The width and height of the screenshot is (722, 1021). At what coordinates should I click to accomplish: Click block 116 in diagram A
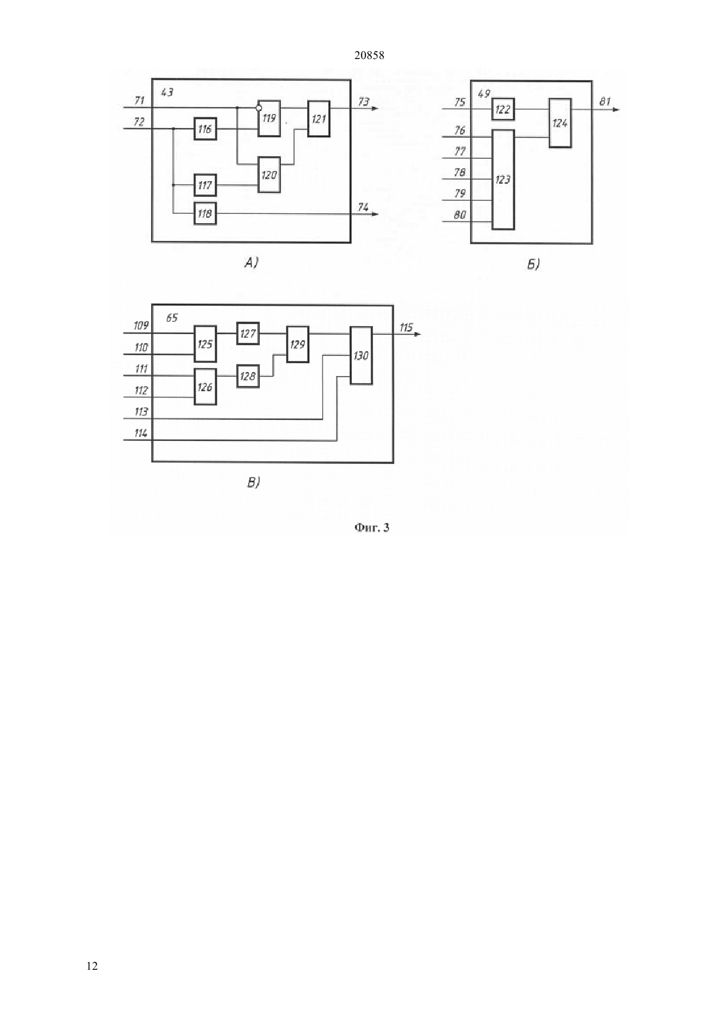coord(205,129)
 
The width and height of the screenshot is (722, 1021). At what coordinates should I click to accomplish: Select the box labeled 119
coord(269,119)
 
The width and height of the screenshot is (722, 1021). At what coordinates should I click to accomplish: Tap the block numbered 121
coord(318,119)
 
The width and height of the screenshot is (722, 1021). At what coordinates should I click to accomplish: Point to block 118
coord(205,213)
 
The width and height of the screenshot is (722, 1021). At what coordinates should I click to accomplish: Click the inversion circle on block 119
coord(259,108)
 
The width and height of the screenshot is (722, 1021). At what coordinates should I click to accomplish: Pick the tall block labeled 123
coord(503,180)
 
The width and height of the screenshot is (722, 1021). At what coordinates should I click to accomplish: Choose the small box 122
coord(503,110)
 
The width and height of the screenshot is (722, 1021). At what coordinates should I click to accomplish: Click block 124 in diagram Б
coord(560,123)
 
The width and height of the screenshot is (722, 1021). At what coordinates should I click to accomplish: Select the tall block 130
coord(361,356)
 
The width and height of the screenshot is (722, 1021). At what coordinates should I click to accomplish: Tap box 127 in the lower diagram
coord(248,333)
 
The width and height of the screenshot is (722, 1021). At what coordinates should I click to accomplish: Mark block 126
coord(205,386)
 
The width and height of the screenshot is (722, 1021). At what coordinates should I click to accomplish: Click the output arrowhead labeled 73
coord(375,108)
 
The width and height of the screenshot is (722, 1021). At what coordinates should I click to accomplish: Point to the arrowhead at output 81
coord(616,110)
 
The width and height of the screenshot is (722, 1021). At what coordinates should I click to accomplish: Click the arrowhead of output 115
coord(417,335)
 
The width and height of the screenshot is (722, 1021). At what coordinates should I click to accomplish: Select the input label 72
coord(139,121)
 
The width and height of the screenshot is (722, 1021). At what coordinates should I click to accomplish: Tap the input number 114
coord(141,433)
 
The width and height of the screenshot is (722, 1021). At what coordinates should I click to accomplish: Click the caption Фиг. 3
coord(372,528)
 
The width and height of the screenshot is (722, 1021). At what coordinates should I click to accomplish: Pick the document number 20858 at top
coord(369,56)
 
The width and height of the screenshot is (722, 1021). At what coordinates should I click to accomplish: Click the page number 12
coord(92,967)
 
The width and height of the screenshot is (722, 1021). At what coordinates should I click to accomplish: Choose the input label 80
coord(460,215)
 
